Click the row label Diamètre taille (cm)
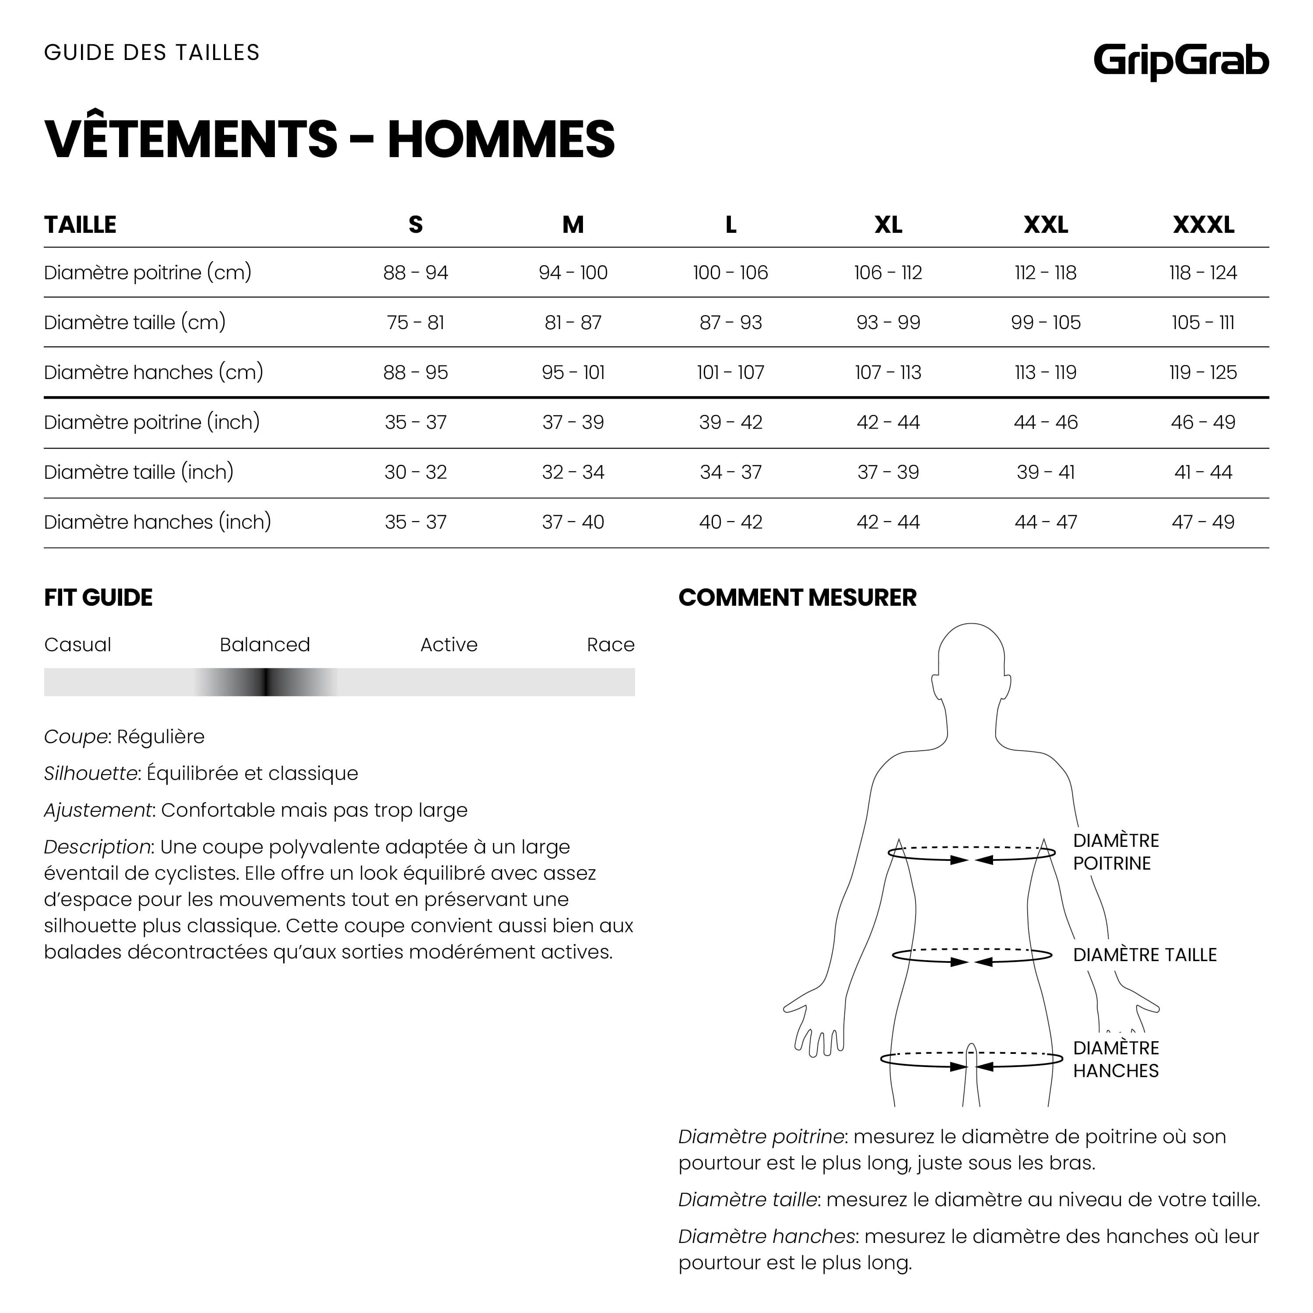[134, 322]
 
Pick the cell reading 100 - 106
[730, 273]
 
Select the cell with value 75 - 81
[415, 322]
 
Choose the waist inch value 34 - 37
[730, 472]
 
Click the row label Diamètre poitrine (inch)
[151, 422]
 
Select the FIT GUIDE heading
[98, 597]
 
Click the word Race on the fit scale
[610, 644]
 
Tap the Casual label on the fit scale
[77, 644]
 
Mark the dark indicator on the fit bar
[267, 681]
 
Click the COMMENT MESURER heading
[797, 597]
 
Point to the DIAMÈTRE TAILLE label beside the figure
[1144, 955]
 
